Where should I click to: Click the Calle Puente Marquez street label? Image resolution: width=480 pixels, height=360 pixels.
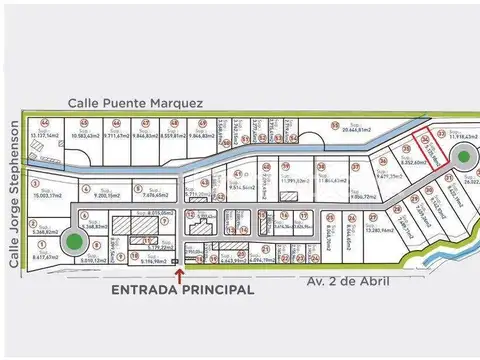click(137, 102)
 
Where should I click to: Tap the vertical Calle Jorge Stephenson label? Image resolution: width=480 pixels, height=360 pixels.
click(15, 195)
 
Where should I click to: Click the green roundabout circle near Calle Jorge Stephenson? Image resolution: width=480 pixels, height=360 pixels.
click(73, 240)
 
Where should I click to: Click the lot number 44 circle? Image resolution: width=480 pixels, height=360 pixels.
click(42, 123)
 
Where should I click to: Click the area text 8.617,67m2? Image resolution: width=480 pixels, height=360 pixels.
click(45, 257)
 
